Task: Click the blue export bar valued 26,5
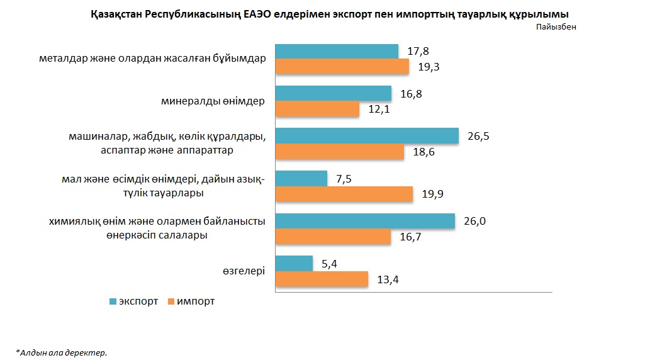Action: tap(367, 136)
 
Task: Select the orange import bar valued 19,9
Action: tap(345, 194)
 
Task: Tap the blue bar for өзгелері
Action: tap(294, 263)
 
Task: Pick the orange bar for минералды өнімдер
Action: tap(318, 109)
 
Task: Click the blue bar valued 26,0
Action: tap(366, 221)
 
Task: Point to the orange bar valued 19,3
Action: tap(343, 67)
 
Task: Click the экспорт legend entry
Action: tap(133, 301)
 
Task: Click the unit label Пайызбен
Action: tap(556, 26)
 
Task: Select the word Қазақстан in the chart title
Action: tap(115, 13)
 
